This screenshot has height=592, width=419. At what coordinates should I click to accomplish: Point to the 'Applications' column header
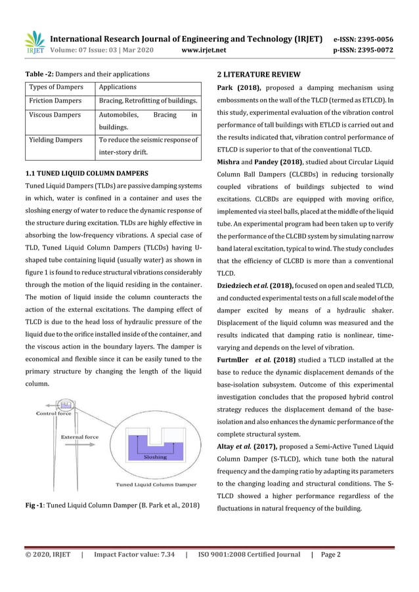(x=118, y=87)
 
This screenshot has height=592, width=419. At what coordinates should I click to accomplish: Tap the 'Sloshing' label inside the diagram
(x=156, y=457)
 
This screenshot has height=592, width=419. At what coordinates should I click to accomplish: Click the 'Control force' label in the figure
(x=54, y=414)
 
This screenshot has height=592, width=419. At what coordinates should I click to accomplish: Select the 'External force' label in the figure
(x=79, y=436)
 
